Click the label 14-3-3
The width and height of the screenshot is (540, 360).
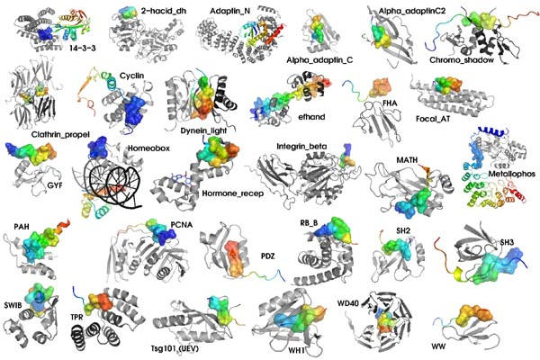82,49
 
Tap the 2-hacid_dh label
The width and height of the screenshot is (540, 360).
164,11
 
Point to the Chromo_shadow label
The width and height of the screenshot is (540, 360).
462,60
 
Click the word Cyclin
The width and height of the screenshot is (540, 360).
132,76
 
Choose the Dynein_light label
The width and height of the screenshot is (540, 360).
204,130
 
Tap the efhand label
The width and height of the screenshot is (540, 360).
311,116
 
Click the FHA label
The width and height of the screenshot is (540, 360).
390,103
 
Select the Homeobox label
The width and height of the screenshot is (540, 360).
148,148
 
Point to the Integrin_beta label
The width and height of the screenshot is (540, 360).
301,147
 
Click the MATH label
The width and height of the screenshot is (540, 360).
407,160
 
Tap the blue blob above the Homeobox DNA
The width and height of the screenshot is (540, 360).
98,147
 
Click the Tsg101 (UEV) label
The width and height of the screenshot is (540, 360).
175,348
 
